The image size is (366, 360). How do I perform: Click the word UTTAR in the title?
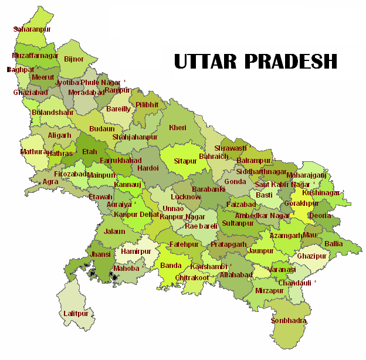click(204, 60)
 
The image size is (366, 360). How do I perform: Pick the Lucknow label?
click(185, 197)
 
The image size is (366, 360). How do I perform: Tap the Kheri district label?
click(177, 127)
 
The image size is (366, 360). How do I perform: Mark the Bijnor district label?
click(74, 59)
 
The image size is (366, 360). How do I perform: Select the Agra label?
click(50, 182)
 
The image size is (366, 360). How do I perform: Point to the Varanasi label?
click(283, 270)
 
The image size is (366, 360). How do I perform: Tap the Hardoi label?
click(147, 168)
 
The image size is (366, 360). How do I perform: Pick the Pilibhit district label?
click(147, 104)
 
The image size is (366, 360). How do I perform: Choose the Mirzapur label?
click(269, 290)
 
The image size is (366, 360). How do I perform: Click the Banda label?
click(171, 266)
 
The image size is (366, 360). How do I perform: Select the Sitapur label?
click(186, 160)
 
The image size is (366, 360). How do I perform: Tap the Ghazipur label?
click(311, 256)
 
